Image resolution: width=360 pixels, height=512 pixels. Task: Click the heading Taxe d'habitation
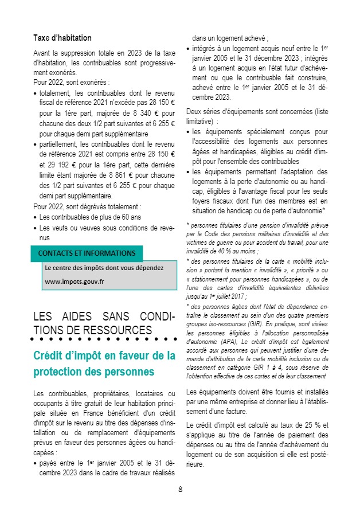click(x=62, y=38)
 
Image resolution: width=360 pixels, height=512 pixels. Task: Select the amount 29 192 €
click(x=58, y=164)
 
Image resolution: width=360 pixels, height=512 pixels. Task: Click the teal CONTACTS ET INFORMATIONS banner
click(x=87, y=253)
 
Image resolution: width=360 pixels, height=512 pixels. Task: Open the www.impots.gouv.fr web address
click(x=75, y=282)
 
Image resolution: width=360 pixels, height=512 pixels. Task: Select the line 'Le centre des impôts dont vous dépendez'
click(x=104, y=268)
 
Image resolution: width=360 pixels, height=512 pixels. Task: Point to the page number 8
click(x=180, y=489)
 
